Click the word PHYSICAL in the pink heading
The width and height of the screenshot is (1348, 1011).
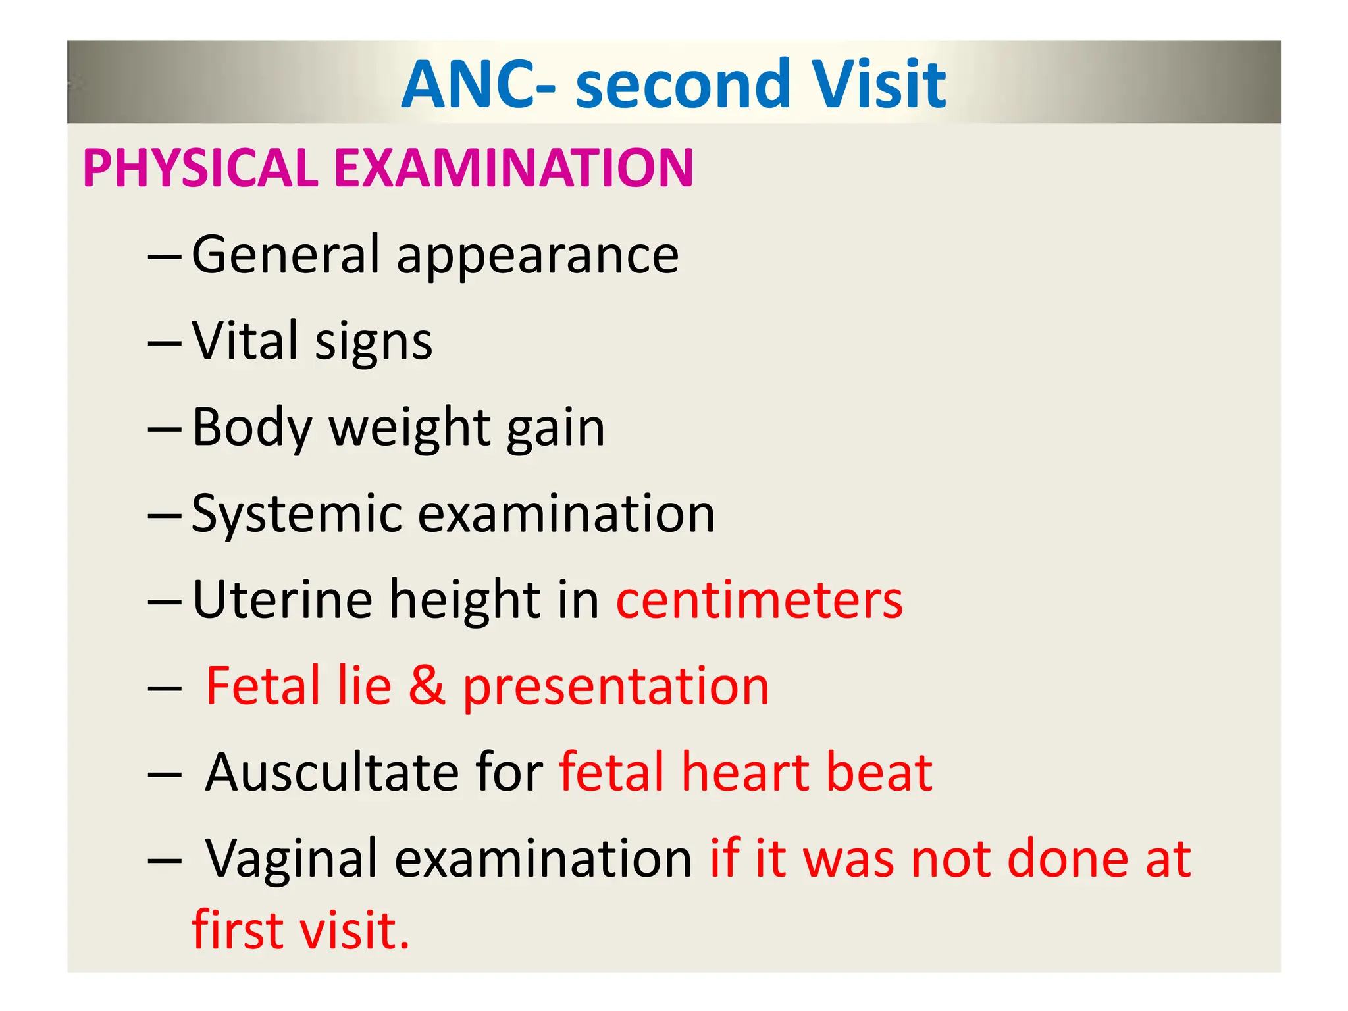(x=201, y=168)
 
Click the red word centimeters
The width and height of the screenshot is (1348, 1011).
(x=759, y=600)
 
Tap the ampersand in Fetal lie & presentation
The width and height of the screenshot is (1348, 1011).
(x=427, y=686)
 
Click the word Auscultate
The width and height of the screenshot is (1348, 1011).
(x=332, y=772)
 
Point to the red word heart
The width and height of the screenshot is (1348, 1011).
(x=745, y=772)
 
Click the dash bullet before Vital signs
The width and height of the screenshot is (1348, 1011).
(x=165, y=342)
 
